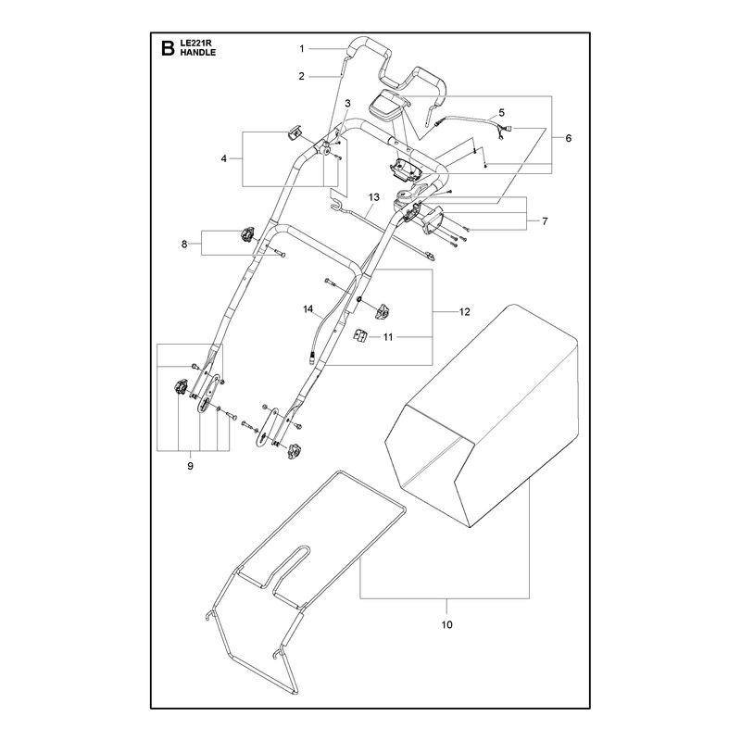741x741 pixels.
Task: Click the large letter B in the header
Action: tap(168, 48)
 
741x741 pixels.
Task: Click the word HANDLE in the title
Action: tap(198, 53)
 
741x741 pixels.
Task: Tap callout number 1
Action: tap(302, 49)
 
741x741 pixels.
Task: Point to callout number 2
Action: tap(302, 76)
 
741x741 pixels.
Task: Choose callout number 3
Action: tap(348, 103)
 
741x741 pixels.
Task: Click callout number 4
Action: tap(223, 158)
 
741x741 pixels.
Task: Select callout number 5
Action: tap(501, 112)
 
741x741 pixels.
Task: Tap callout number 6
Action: tap(569, 138)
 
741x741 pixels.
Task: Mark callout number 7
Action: tap(545, 221)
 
